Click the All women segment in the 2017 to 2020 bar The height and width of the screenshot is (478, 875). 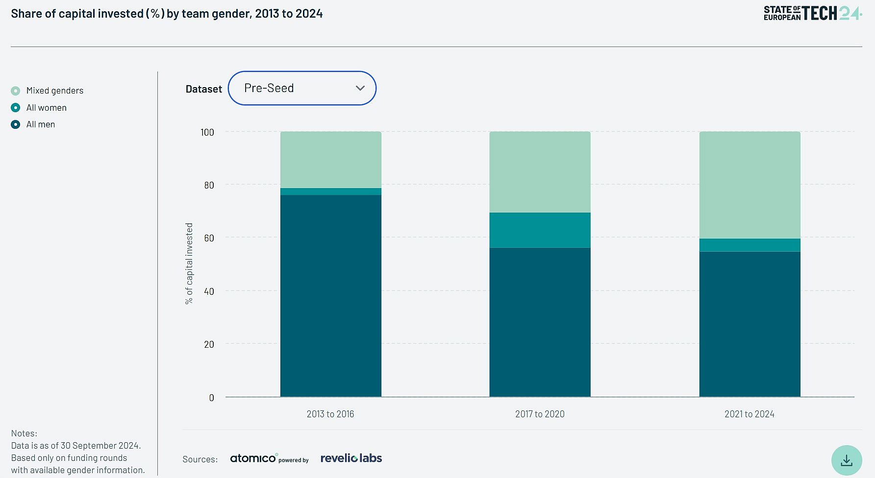[540, 230]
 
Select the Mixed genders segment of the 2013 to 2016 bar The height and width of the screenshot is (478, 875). [330, 160]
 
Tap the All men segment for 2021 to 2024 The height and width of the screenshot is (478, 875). [750, 324]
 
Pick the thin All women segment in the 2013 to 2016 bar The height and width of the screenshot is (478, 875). [330, 191]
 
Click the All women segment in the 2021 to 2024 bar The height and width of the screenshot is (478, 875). [750, 245]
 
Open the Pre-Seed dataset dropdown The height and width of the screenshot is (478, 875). [301, 88]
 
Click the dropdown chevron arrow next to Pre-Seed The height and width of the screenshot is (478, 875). [360, 88]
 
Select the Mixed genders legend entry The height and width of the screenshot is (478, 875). [54, 91]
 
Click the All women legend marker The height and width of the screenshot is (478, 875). [16, 108]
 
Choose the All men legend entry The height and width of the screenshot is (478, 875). [40, 124]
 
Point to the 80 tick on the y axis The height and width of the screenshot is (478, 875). [209, 185]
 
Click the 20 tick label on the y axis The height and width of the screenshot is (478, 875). [209, 344]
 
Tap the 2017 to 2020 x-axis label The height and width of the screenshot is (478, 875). [540, 414]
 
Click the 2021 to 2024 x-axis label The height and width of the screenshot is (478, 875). [750, 414]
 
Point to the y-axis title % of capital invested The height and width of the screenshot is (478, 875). [189, 263]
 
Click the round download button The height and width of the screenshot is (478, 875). [847, 460]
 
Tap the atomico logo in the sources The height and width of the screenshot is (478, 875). [253, 458]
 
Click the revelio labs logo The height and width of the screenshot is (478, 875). [351, 458]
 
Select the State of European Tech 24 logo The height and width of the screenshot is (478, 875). [812, 13]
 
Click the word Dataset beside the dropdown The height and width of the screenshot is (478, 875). [203, 89]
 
